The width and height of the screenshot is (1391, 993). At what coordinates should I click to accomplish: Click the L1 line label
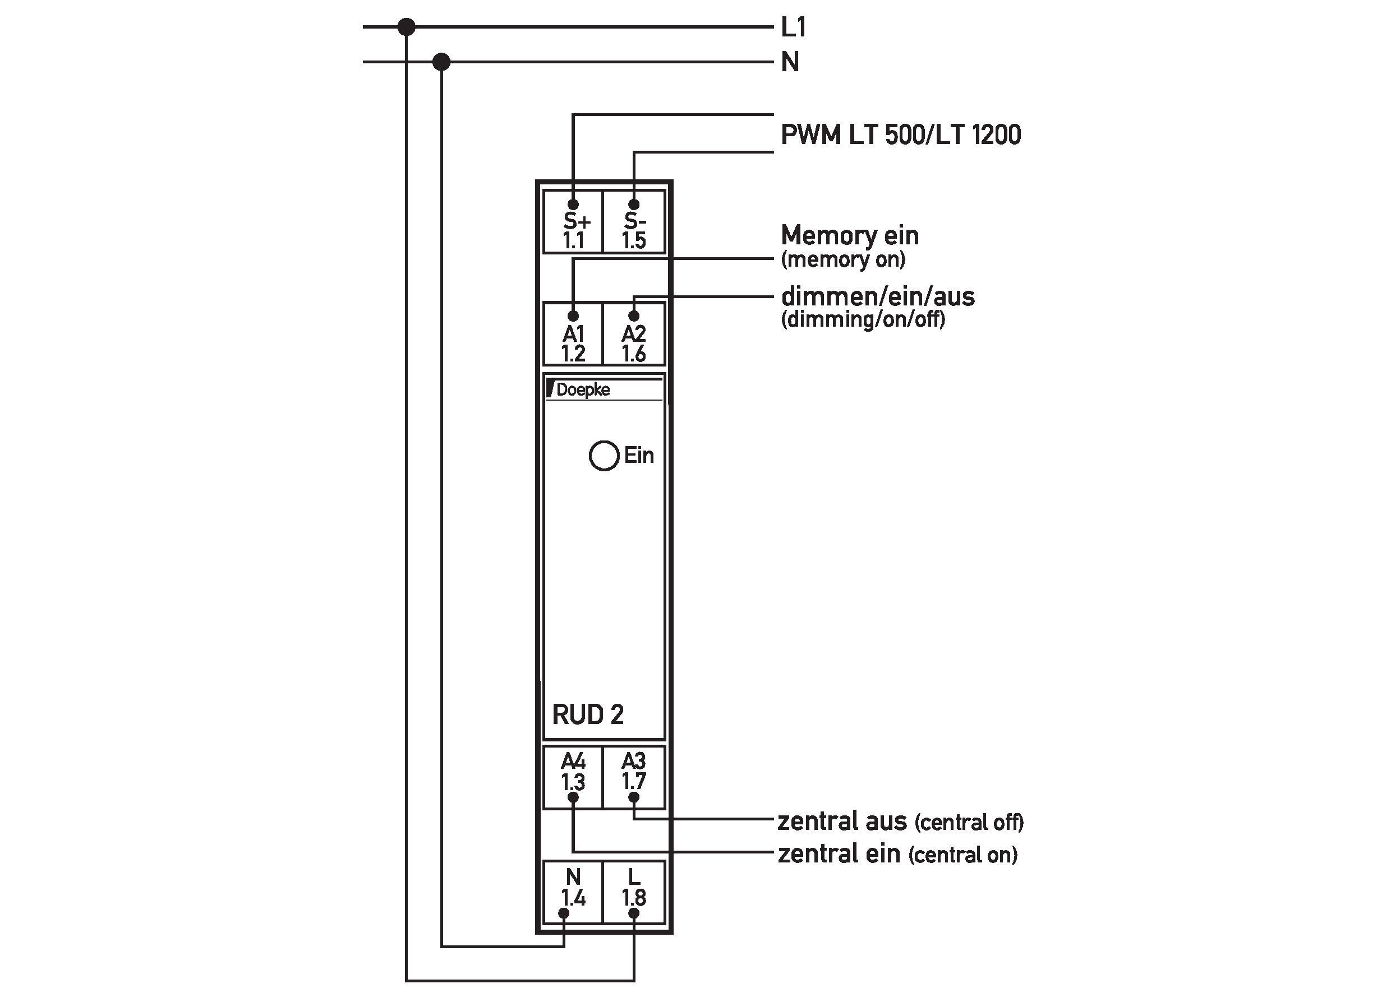point(794,27)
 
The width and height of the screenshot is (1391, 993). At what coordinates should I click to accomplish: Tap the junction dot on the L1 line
point(406,27)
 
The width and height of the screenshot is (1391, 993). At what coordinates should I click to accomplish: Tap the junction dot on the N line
point(441,62)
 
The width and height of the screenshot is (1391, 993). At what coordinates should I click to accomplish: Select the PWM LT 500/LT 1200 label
point(901,134)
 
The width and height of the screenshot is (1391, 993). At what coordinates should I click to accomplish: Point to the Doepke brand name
point(583,389)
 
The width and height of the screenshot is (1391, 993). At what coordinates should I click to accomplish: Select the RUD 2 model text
point(587,714)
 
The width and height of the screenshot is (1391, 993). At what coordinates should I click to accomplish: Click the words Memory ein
point(849,235)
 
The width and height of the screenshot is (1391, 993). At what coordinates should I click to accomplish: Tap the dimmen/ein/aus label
point(878,296)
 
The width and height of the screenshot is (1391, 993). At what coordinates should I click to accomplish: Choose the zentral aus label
point(841,821)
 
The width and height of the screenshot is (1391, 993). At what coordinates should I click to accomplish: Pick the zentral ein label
point(839,853)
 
